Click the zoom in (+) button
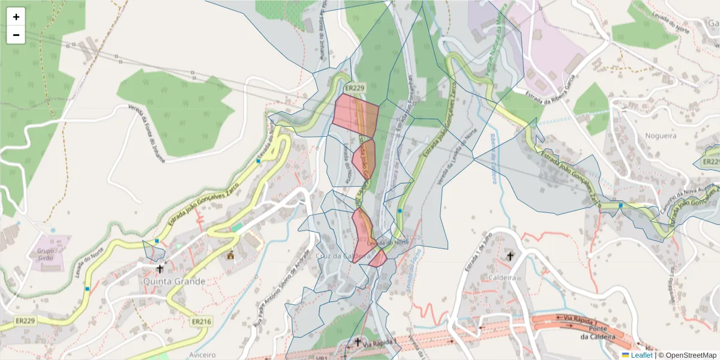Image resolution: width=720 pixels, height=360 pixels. click(x=16, y=17)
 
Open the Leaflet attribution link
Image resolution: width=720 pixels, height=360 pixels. click(x=641, y=355)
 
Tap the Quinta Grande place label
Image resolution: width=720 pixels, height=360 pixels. click(x=174, y=281)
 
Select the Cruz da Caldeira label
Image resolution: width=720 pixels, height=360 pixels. click(x=334, y=256)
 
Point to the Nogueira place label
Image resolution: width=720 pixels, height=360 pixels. click(x=661, y=136)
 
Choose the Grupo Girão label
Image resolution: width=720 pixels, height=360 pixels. click(x=46, y=254)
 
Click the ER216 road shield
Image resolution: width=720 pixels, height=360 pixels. click(x=201, y=322)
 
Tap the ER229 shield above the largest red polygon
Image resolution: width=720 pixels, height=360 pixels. click(x=355, y=88)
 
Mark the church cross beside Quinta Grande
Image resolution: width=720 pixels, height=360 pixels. click(x=160, y=269)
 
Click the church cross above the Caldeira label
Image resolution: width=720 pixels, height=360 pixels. click(x=510, y=257)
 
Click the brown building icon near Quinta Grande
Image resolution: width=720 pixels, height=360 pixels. click(x=230, y=256)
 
